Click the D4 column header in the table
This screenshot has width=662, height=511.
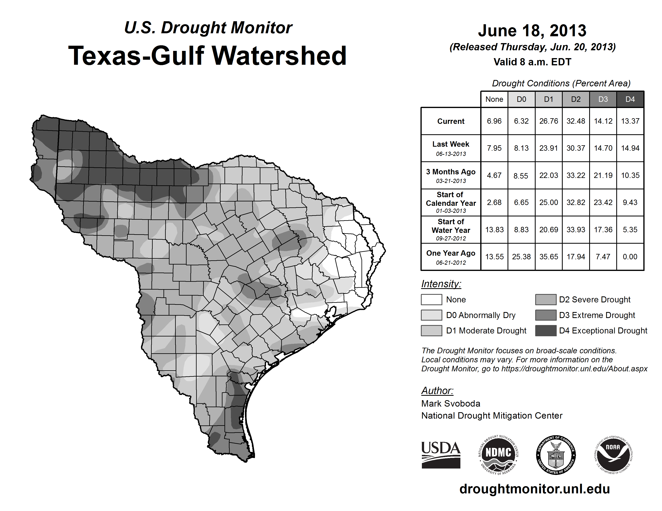630,99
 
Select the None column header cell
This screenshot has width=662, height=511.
494,99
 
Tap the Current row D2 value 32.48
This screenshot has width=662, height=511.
576,121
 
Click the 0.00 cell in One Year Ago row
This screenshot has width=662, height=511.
630,257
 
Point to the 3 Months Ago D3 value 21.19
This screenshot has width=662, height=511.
603,175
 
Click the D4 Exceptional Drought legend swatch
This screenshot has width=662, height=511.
546,331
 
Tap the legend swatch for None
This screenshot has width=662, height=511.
431,299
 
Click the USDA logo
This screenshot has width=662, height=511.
441,455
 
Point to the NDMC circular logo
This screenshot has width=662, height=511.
498,455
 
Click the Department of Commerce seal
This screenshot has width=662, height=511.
556,455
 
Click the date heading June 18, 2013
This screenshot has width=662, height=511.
532,31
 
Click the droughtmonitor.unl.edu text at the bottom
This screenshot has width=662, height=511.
534,489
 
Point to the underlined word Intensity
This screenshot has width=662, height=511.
441,284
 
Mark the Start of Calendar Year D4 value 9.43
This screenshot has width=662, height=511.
630,202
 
